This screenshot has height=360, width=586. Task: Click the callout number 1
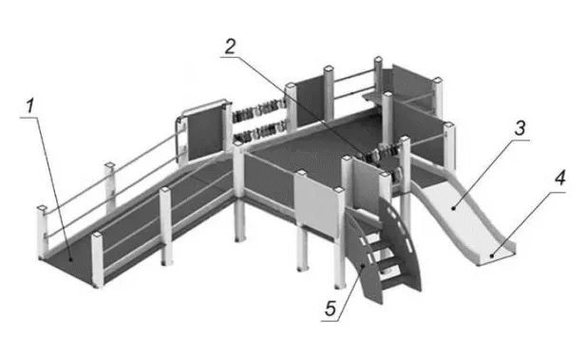(x=29, y=105)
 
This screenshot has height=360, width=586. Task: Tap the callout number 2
(x=230, y=47)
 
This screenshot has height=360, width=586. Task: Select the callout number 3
(x=520, y=128)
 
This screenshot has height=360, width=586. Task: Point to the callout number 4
(x=559, y=179)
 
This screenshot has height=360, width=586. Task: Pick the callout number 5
(x=331, y=309)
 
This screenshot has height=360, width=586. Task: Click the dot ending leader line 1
(x=71, y=258)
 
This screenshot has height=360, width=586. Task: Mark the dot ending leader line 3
(x=454, y=208)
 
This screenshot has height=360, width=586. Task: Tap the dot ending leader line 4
(x=492, y=256)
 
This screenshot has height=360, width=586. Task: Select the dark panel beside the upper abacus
(x=205, y=134)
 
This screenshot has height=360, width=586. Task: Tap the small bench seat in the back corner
(x=373, y=97)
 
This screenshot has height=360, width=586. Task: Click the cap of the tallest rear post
(x=378, y=59)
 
